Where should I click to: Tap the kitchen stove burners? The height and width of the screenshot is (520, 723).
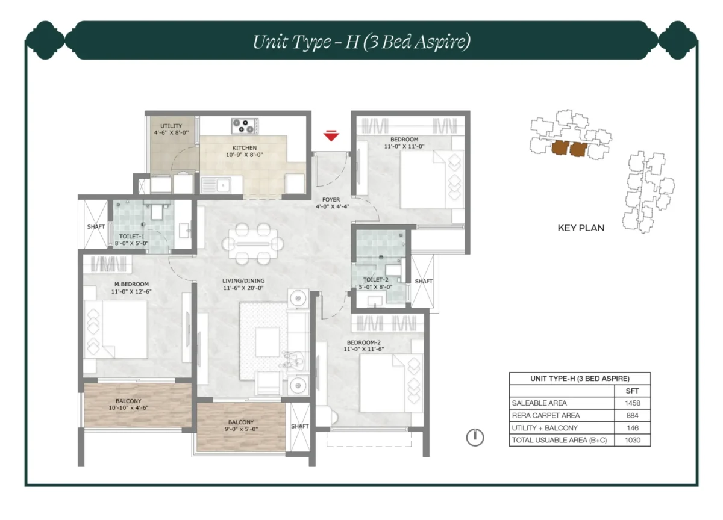pos(245,126)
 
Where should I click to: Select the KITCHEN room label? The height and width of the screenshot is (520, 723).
pos(245,148)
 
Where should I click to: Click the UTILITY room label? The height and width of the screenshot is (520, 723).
pos(172,126)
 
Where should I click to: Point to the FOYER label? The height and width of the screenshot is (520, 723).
pos(331,200)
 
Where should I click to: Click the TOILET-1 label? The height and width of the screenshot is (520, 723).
pos(131,237)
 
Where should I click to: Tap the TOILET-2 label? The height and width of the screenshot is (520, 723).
pos(377,280)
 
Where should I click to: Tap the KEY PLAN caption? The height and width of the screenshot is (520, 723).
pos(580,228)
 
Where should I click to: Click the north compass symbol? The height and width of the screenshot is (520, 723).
pos(475,438)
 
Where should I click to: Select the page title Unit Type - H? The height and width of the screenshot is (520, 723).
pos(361,42)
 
